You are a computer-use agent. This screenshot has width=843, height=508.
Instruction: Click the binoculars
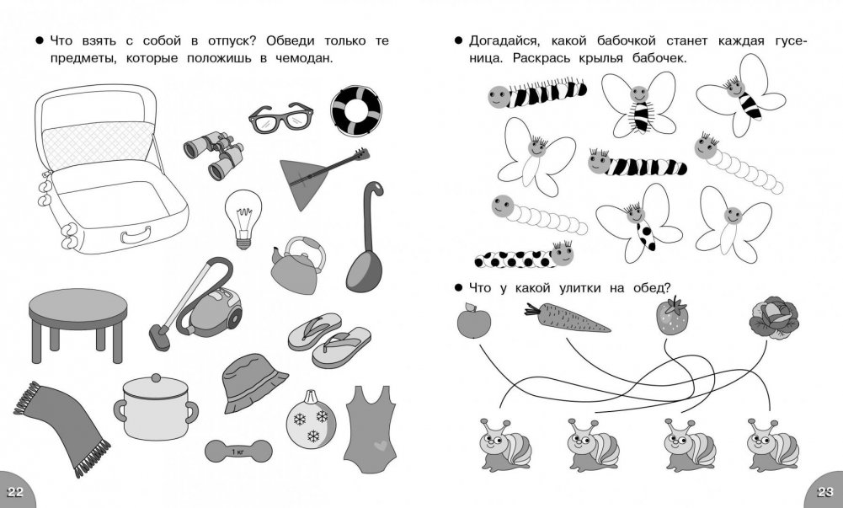click(213, 154)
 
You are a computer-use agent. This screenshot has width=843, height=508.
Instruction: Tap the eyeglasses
click(280, 118)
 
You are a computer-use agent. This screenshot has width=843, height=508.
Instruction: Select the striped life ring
click(356, 110)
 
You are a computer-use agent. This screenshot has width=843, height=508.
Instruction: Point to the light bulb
click(243, 218)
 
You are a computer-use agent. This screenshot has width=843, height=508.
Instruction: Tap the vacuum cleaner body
click(213, 312)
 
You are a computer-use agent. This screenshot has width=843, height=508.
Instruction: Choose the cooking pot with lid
click(156, 407)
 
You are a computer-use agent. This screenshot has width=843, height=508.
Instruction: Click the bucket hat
click(252, 382)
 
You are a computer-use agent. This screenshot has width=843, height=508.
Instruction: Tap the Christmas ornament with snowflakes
click(311, 420)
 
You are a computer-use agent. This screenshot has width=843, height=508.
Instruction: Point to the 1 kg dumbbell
click(238, 451)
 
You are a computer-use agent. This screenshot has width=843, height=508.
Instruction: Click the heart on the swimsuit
click(381, 446)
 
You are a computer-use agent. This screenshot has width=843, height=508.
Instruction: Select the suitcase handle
click(136, 234)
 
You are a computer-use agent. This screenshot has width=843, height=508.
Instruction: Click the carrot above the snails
click(567, 318)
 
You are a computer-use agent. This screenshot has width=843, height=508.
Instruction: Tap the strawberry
click(672, 316)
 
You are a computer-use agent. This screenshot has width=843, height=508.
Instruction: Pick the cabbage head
click(774, 318)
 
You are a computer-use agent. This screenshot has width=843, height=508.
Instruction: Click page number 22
click(15, 492)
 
